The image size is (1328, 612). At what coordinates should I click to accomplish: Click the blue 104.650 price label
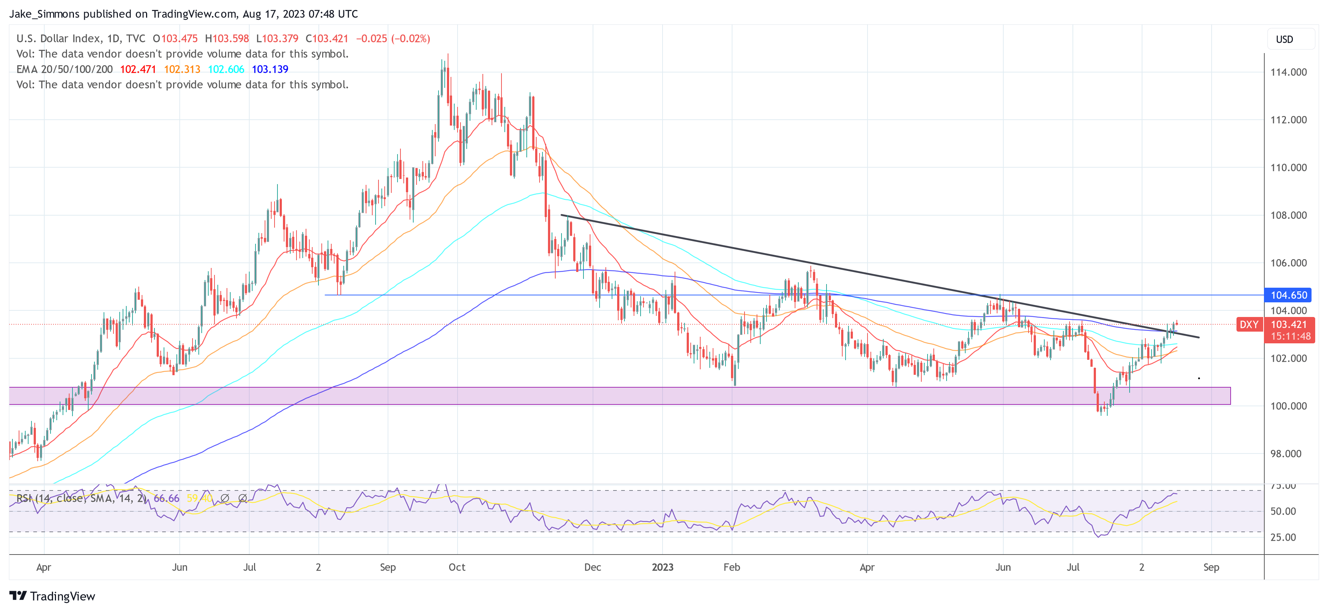pyautogui.click(x=1288, y=295)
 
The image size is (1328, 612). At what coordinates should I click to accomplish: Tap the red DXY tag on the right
pyautogui.click(x=1249, y=324)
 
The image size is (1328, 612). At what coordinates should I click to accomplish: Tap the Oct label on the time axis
pyautogui.click(x=457, y=567)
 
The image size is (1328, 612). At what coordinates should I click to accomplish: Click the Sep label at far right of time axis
pyautogui.click(x=1211, y=567)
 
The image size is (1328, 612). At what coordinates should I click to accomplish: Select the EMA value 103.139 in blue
pyautogui.click(x=270, y=69)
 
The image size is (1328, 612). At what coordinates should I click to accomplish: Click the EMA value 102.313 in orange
pyautogui.click(x=182, y=69)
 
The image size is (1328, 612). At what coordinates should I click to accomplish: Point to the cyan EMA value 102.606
pyautogui.click(x=226, y=69)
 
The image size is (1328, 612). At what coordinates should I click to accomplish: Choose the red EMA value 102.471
pyautogui.click(x=138, y=69)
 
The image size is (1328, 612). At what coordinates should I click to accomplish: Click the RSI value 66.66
pyautogui.click(x=166, y=498)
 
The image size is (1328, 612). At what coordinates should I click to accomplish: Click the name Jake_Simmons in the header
pyautogui.click(x=44, y=14)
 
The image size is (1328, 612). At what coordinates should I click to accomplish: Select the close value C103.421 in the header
pyautogui.click(x=327, y=39)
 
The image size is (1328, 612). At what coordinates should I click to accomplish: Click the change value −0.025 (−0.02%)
pyautogui.click(x=393, y=39)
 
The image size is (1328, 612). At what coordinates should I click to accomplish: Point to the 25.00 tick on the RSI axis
pyautogui.click(x=1283, y=537)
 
